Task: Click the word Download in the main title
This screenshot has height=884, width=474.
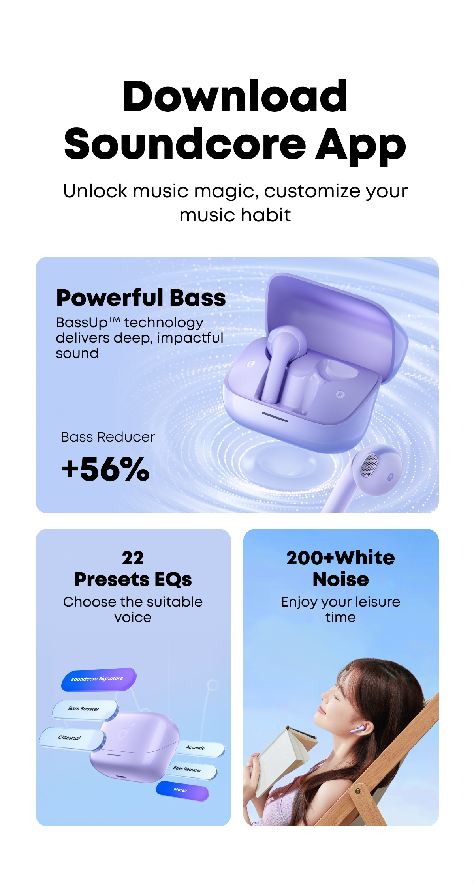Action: [x=235, y=96]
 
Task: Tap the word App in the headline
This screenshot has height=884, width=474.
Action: [x=361, y=145]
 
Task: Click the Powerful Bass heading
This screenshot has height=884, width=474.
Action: [x=141, y=298]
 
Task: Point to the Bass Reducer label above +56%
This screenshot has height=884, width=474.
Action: [x=108, y=437]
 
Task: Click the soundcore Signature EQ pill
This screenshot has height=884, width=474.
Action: [x=99, y=679]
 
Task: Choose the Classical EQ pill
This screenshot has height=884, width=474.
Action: [x=72, y=738]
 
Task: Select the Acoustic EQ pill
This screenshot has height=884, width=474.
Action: [x=199, y=749]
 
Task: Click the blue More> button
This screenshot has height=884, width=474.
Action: [x=182, y=790]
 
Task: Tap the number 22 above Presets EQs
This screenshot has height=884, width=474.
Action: [x=133, y=558]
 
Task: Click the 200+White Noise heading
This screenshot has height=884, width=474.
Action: [x=340, y=569]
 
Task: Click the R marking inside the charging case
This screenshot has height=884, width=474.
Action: [x=340, y=394]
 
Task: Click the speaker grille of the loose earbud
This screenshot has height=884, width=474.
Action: [x=369, y=465]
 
